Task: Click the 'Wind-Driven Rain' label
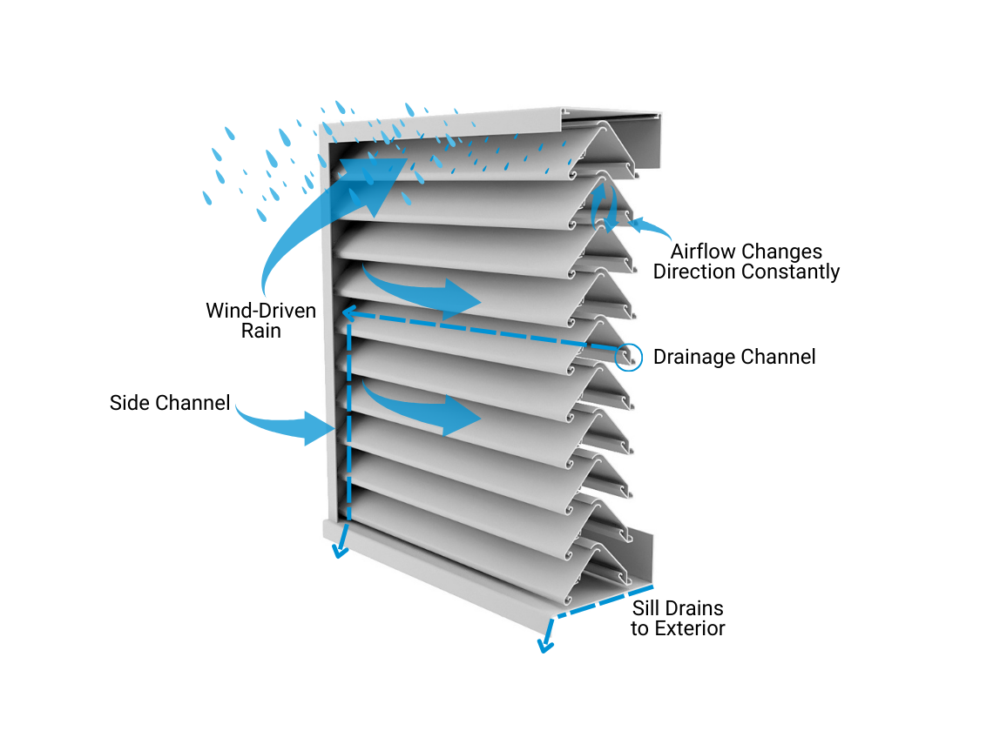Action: coord(260,319)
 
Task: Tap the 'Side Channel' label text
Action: coord(170,403)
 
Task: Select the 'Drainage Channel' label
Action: coord(733,357)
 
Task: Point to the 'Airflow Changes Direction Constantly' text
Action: coord(746,262)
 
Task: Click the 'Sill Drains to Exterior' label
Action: coord(678,618)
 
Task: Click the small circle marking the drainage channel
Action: coord(629,356)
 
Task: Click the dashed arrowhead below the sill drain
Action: coord(546,644)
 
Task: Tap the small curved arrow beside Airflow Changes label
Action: coord(648,229)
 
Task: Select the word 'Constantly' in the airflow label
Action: coord(794,271)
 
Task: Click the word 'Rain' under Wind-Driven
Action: coord(260,330)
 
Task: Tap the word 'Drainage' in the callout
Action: coord(693,357)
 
